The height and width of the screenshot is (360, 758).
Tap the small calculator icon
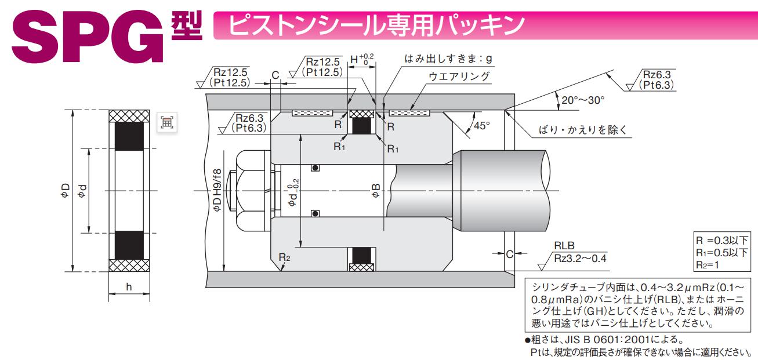click(x=166, y=122)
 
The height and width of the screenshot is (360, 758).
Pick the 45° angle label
click(x=481, y=125)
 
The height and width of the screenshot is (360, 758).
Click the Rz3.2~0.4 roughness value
click(x=581, y=258)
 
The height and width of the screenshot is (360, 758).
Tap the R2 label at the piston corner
click(x=284, y=257)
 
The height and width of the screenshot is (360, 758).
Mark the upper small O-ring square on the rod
click(x=315, y=168)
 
